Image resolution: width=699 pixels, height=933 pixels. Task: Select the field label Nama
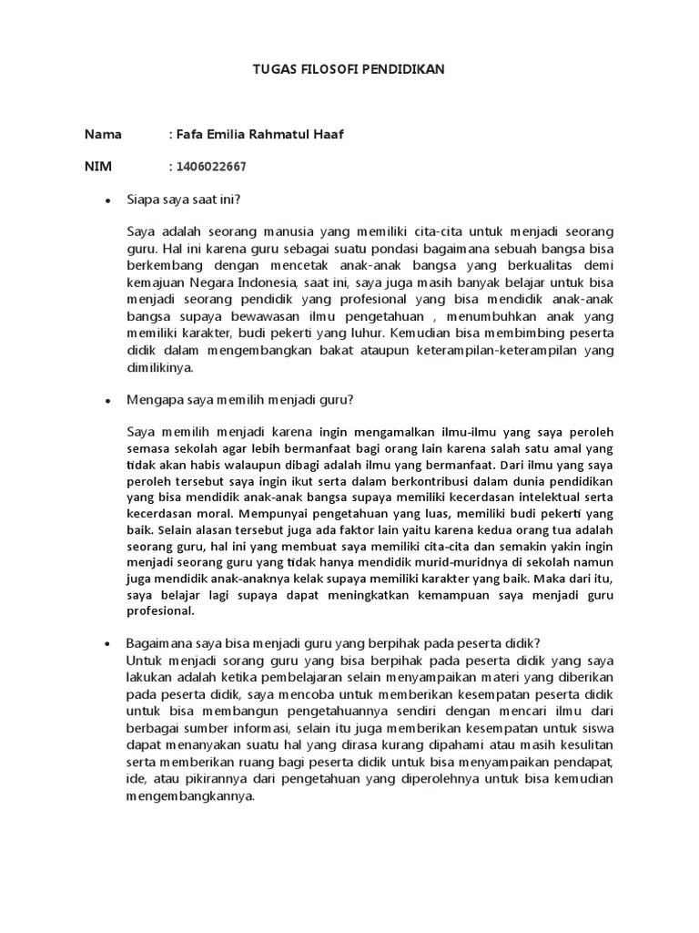pyautogui.click(x=103, y=134)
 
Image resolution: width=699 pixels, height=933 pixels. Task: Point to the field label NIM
pyautogui.click(x=97, y=167)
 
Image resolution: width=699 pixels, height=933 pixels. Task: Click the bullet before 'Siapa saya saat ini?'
pyautogui.click(x=108, y=200)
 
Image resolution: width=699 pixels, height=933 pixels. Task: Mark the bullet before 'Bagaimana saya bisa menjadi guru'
pyautogui.click(x=108, y=641)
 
